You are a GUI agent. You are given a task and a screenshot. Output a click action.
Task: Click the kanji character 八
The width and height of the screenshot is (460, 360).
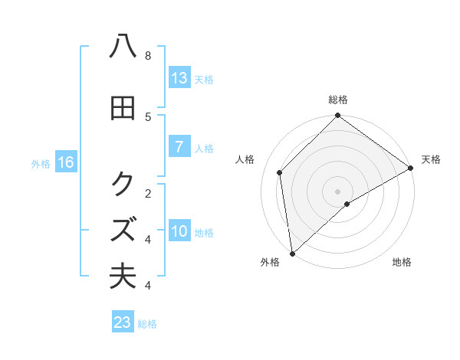point(123,47)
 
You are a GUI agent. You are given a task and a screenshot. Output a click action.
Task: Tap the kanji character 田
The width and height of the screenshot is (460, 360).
point(123,109)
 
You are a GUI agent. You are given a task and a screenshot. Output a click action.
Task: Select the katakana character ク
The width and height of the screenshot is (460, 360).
point(123,184)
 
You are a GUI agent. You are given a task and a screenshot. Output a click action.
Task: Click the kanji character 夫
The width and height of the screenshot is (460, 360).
point(123,277)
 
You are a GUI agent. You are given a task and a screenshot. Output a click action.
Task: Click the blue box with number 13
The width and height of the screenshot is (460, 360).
point(179,78)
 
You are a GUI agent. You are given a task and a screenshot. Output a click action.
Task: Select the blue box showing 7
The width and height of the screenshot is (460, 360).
point(179,147)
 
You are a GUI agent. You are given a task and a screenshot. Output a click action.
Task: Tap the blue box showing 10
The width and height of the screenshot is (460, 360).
point(179,231)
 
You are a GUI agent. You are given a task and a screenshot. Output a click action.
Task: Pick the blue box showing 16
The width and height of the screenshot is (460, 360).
point(65,162)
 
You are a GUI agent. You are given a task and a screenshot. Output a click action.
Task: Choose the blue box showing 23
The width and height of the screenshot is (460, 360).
point(123,322)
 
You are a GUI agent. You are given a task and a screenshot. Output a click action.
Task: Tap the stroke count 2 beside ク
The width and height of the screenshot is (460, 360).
point(148,193)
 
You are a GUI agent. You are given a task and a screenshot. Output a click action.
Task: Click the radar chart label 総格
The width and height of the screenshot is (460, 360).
point(338,100)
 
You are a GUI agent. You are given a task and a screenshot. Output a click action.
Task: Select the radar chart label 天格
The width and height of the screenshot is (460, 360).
point(431,159)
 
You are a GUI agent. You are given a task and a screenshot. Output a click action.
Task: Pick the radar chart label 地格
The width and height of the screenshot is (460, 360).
point(402,263)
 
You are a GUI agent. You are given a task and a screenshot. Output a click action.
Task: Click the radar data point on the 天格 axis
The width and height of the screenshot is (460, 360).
point(411,168)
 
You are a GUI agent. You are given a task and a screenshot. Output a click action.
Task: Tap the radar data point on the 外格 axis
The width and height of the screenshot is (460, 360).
point(292,254)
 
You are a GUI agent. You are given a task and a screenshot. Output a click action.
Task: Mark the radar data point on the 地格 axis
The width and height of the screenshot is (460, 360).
point(347,204)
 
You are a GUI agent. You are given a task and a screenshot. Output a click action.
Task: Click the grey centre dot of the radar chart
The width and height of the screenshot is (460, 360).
point(338,191)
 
